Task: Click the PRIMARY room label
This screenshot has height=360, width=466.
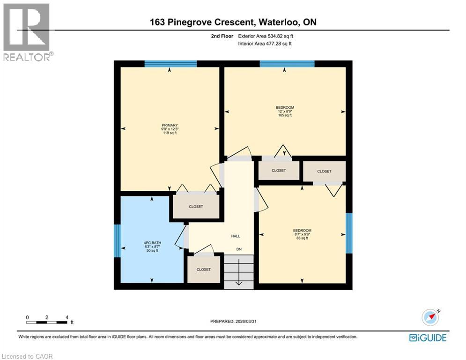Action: [x=170, y=125]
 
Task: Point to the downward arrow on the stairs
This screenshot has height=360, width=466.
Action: [x=239, y=277]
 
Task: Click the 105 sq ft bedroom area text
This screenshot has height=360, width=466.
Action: [x=285, y=115]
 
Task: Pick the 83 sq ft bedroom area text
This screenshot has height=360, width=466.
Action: [x=302, y=238]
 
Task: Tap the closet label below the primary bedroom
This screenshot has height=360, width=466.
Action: [x=196, y=207]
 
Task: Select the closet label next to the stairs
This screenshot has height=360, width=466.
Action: [x=203, y=270]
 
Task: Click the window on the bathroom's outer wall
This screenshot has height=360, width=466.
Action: [x=118, y=241]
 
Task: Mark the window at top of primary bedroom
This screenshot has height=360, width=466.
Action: [x=170, y=64]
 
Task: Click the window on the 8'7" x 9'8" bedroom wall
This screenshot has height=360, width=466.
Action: [x=348, y=233]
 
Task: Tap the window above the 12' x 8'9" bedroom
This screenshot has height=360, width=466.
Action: [x=287, y=64]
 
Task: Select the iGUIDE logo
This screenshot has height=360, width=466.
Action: [x=428, y=337]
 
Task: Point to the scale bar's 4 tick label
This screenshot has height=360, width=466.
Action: [x=67, y=317]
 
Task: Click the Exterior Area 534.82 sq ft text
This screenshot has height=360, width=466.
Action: [x=266, y=36]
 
